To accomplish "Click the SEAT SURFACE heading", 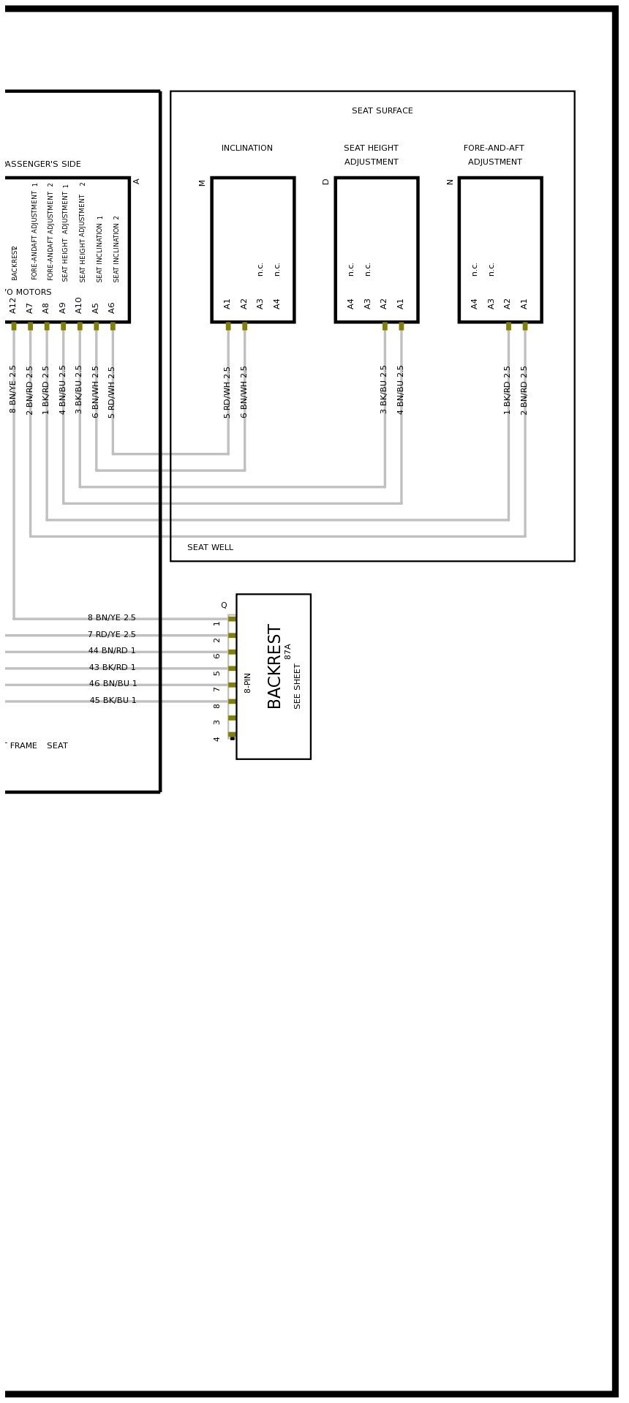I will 382,111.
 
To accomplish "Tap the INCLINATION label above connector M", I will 247,148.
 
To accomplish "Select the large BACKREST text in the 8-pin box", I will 274,666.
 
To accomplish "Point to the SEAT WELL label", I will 210,548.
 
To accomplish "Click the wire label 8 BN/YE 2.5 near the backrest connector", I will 112,618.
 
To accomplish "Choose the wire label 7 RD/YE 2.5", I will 112,635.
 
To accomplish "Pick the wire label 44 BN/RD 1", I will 112,651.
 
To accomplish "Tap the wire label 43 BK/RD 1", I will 112,668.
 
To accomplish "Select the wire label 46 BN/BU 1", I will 113,684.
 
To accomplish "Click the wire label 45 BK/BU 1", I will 113,701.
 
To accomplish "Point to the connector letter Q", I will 224,606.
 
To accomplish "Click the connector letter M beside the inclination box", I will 203,183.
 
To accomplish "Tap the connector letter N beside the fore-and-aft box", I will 451,182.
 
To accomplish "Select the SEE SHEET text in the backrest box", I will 298,686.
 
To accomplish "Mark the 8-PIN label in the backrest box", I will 248,682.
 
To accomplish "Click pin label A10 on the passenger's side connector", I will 79,305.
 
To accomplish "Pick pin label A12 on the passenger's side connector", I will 13,305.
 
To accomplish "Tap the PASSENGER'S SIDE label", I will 42,165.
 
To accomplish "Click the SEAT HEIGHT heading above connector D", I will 371,148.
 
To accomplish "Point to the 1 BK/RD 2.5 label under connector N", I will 508,390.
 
